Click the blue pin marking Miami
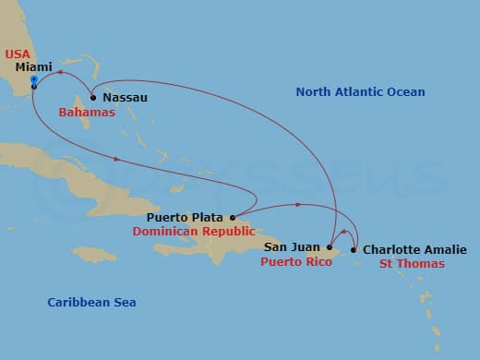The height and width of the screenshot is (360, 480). coord(33,81)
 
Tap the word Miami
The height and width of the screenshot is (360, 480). coord(33,67)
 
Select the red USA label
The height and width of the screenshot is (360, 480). coord(17,54)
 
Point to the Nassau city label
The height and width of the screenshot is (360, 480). coord(125,97)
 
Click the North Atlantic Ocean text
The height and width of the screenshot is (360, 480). coord(360,92)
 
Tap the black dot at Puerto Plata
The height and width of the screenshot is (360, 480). coord(232,218)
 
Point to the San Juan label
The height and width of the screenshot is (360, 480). coord(293,247)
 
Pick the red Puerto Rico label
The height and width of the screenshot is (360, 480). coord(295,262)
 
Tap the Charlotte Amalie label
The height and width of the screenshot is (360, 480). coord(414,249)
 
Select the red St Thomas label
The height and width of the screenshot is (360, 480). coord(412,264)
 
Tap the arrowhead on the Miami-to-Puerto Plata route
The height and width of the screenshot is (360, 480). coord(116,159)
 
